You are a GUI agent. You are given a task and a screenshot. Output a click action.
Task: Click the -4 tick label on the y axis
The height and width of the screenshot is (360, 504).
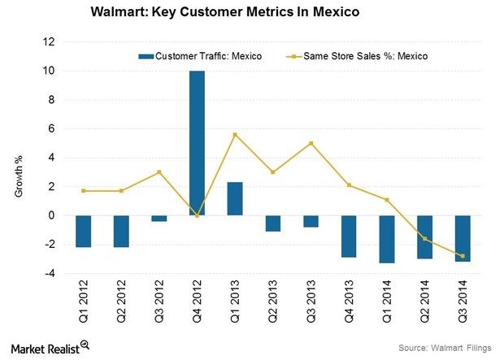coord(50,273)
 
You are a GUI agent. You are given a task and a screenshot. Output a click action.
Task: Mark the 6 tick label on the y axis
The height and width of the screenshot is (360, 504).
coord(51,128)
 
